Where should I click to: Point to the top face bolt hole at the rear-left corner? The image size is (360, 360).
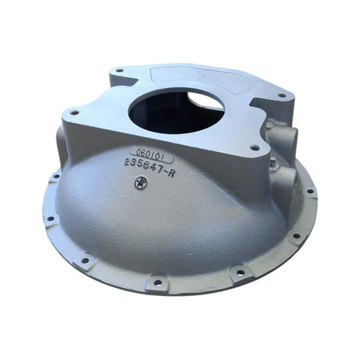click(120, 70)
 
